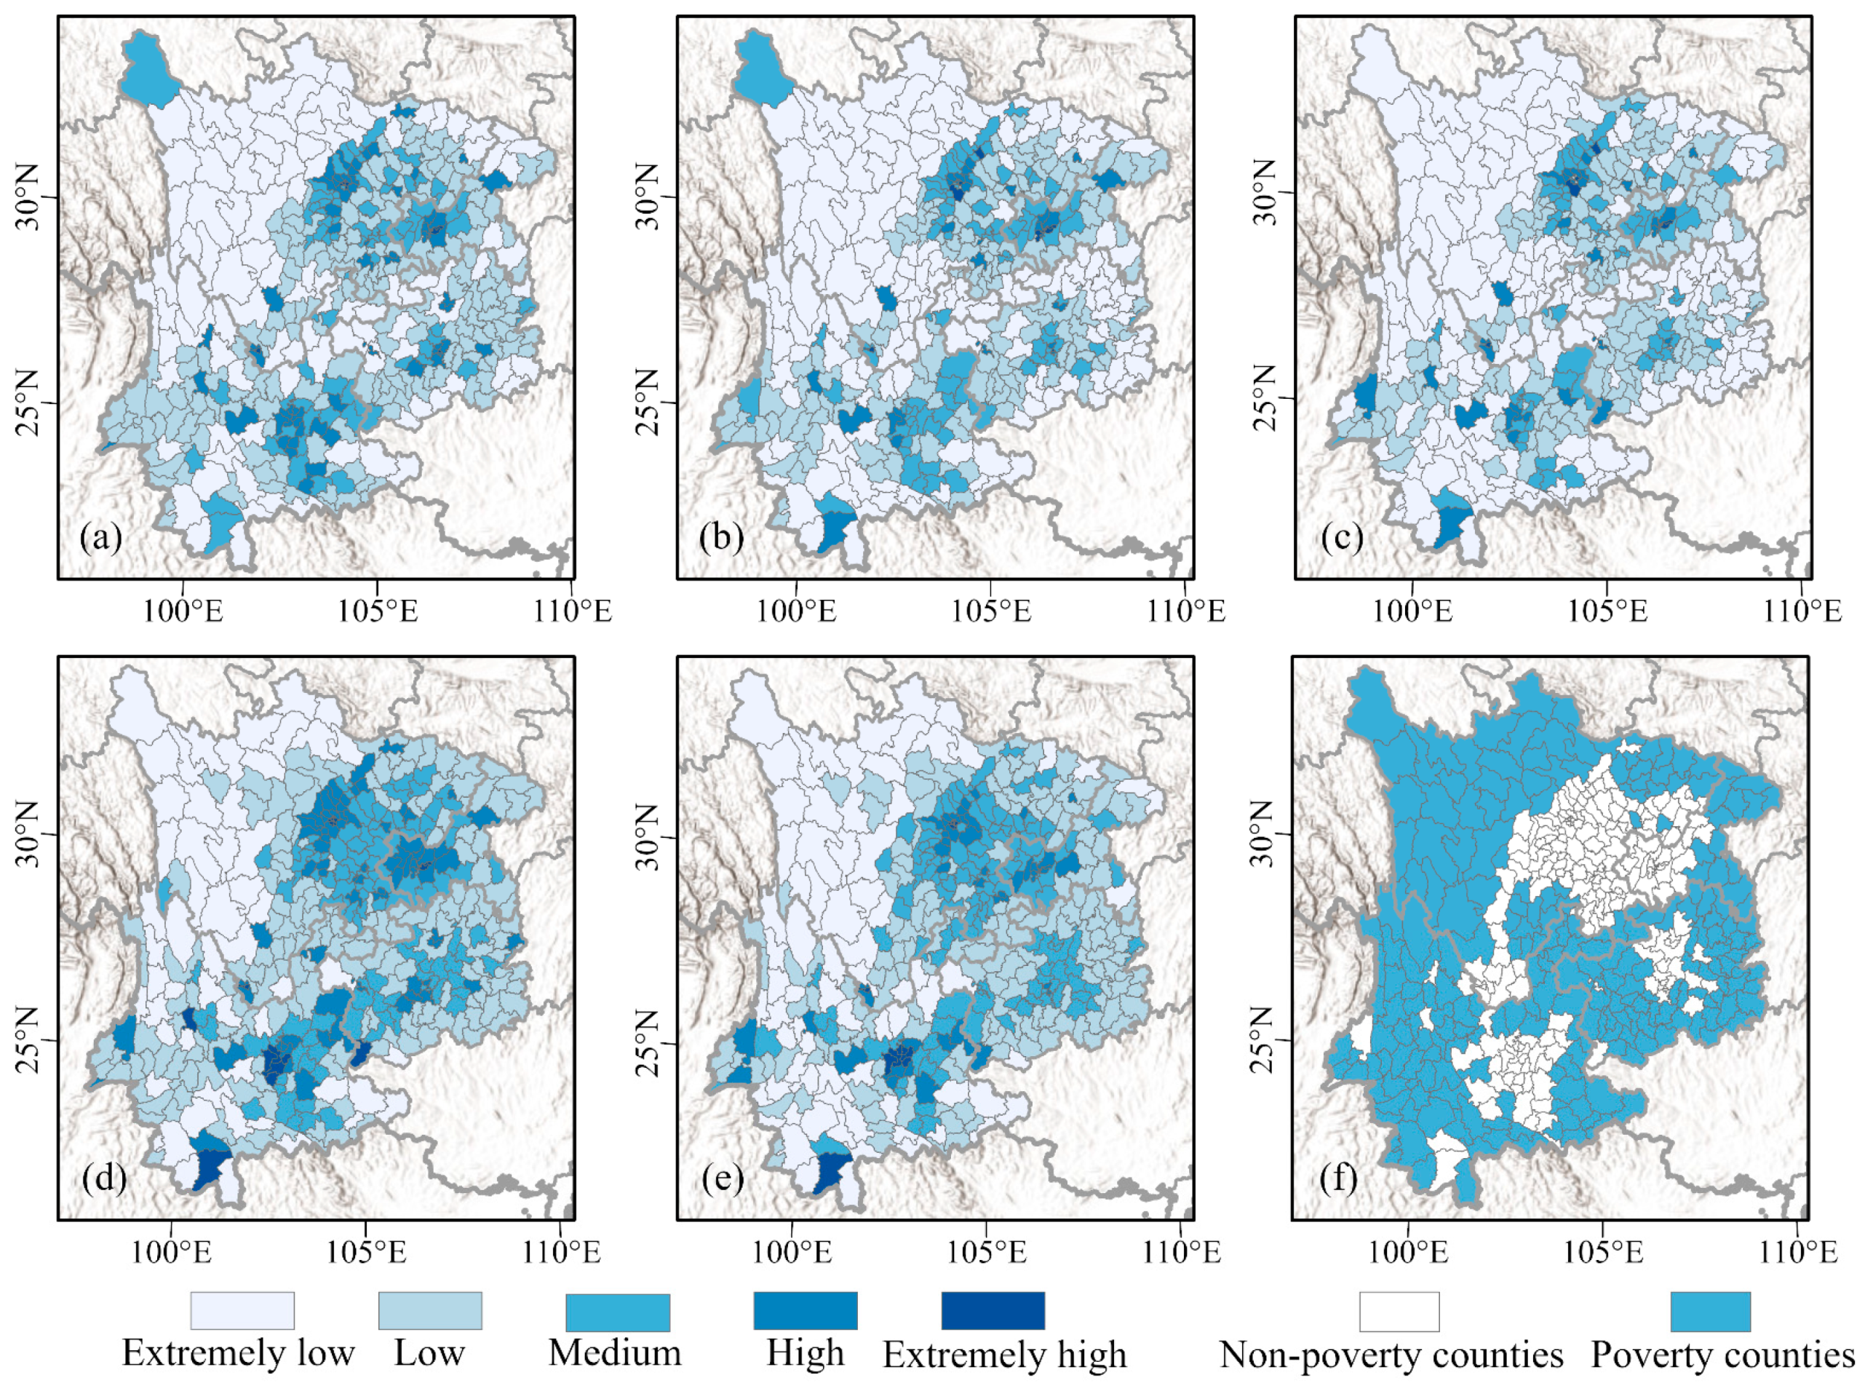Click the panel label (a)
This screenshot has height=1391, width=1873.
pyautogui.click(x=101, y=537)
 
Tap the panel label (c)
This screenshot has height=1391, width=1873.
pyautogui.click(x=1341, y=537)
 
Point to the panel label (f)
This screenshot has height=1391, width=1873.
pyautogui.click(x=1338, y=1178)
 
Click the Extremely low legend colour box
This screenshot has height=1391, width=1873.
pyautogui.click(x=242, y=1311)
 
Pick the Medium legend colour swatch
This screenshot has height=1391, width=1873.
pyautogui.click(x=618, y=1311)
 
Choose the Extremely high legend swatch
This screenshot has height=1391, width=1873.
pyautogui.click(x=993, y=1311)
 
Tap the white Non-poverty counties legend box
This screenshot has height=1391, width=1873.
pyautogui.click(x=1399, y=1311)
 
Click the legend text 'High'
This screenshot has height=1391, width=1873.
pyautogui.click(x=805, y=1353)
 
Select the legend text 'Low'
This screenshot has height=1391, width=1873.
pyautogui.click(x=429, y=1353)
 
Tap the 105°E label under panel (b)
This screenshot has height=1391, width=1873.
pyautogui.click(x=991, y=612)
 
